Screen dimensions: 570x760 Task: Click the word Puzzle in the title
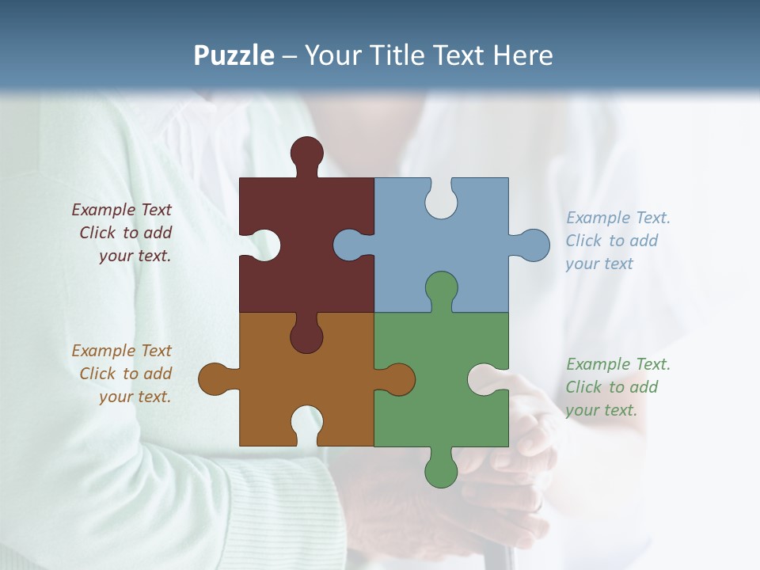[234, 56]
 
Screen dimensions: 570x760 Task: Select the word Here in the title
[522, 56]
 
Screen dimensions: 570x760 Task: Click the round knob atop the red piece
[306, 153]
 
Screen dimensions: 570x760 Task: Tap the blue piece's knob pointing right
[534, 245]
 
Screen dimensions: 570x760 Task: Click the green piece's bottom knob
[441, 471]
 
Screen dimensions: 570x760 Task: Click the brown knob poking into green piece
[399, 379]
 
